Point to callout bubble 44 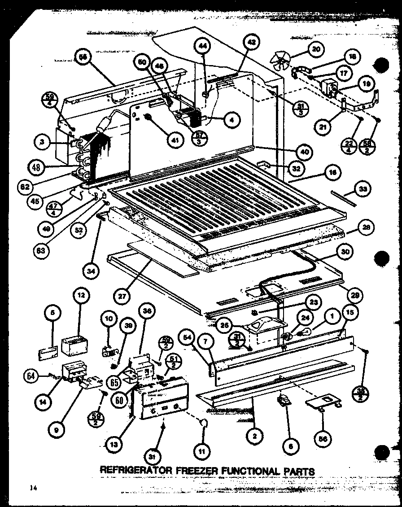pos(202,46)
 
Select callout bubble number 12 pos(82,296)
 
